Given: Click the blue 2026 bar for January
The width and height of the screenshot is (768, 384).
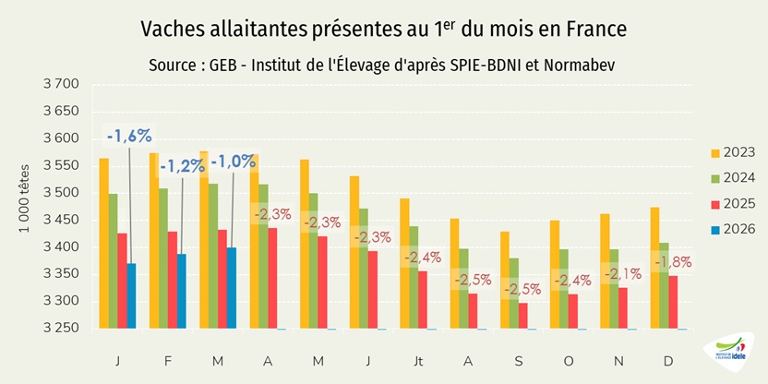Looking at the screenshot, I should click(131, 296).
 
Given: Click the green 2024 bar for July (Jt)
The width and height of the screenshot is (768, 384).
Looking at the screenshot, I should click(413, 277).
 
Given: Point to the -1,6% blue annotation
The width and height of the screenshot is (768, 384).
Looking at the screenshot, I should click(129, 137).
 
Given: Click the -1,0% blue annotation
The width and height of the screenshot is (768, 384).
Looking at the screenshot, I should click(233, 162).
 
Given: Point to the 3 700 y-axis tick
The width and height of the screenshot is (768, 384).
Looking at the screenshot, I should click(61, 84).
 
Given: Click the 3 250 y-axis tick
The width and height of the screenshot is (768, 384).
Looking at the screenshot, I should click(61, 329).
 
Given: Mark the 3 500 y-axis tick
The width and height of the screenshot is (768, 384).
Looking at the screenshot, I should click(61, 193).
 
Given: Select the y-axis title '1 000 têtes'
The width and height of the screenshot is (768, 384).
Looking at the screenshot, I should click(25, 207).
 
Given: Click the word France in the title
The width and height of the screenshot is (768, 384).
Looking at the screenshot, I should click(594, 29).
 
